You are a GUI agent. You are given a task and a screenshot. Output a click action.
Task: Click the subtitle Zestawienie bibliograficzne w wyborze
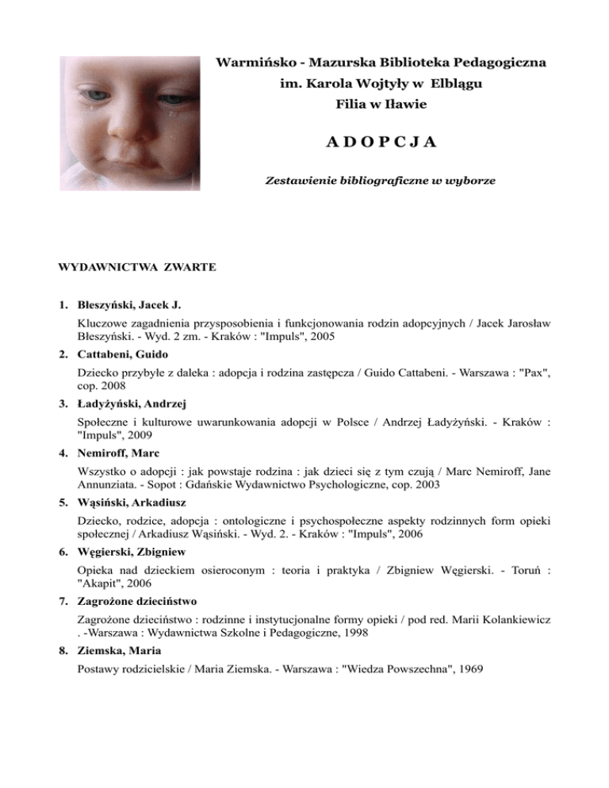pos(380,182)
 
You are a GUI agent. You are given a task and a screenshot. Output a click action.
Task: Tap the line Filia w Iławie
pos(380,104)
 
